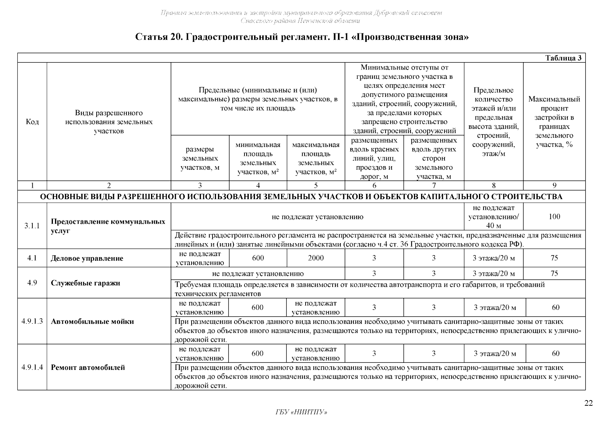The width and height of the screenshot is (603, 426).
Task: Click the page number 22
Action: point(588,403)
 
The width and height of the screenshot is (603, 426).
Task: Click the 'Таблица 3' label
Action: point(564,58)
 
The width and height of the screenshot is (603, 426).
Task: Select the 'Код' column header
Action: point(32,122)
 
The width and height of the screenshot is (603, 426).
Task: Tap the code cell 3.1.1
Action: point(32,226)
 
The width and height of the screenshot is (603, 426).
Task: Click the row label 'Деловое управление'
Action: point(87,258)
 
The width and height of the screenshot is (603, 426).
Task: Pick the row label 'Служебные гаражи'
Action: point(86,283)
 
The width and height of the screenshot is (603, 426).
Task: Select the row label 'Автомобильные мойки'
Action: point(92,322)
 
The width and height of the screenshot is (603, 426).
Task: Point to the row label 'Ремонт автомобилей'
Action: point(88,367)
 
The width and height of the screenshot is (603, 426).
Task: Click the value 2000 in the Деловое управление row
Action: point(316,258)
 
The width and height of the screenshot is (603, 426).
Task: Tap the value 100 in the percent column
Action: point(554,217)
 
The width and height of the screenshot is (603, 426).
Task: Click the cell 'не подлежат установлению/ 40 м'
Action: point(494,217)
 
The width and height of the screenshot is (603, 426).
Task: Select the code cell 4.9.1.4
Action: point(32,367)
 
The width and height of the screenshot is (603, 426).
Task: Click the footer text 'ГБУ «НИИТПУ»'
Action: point(301,412)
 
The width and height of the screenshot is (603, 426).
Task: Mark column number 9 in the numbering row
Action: point(554,185)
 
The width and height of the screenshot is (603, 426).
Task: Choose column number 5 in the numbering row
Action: point(316,185)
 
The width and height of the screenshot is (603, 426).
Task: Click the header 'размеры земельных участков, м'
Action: point(200,159)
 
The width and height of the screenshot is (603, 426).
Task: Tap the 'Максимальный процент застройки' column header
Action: point(554,122)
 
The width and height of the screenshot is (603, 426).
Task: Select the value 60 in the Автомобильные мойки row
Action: point(556,307)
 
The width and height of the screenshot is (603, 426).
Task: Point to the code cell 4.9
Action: point(32,283)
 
